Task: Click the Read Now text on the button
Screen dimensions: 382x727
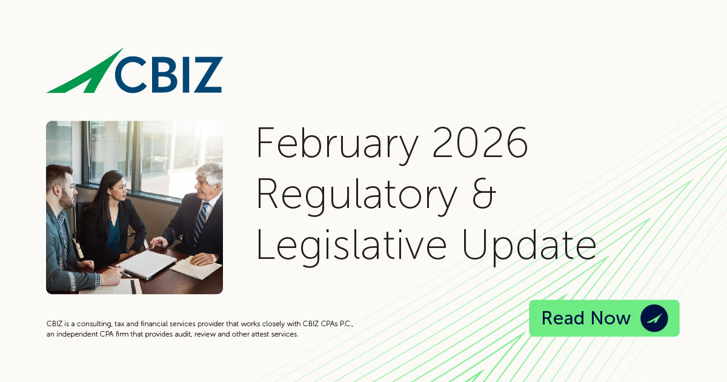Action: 586,318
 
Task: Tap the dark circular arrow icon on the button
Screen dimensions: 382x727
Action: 654,318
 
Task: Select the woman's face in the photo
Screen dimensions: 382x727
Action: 117,188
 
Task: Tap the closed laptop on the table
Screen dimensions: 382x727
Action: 148,264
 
